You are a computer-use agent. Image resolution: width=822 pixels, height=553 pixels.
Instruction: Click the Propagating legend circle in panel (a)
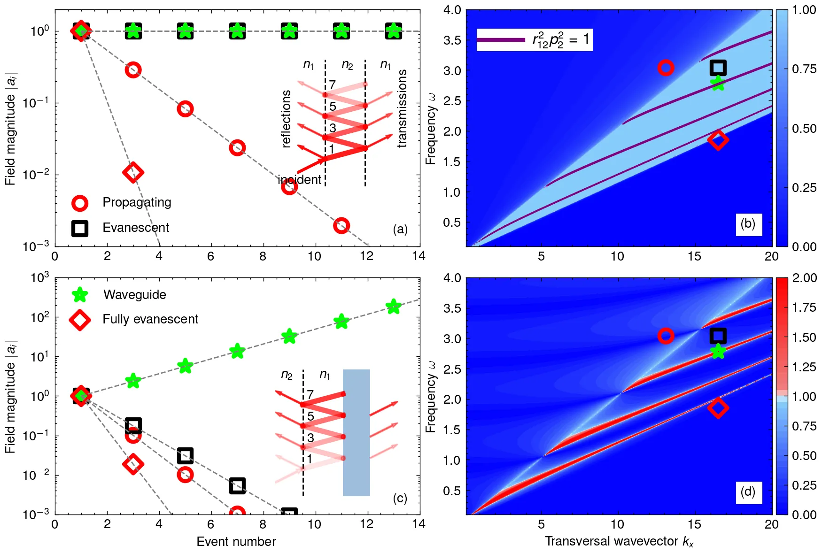pos(80,203)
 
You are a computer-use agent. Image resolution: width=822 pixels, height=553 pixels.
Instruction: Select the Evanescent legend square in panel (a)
pos(80,228)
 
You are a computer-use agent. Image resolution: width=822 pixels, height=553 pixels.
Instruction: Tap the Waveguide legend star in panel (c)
pos(80,295)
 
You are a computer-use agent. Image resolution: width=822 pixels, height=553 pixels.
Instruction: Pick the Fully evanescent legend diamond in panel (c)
pos(80,320)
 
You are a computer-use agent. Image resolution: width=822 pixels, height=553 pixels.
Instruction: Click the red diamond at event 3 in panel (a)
pos(133,172)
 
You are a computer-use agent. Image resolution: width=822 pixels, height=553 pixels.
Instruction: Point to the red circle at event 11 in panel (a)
pos(341,225)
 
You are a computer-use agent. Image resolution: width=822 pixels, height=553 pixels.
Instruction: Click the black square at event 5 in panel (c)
pos(185,455)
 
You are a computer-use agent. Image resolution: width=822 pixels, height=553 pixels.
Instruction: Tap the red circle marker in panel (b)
pos(666,68)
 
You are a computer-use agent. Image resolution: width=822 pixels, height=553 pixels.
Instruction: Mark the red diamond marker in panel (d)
pos(718,407)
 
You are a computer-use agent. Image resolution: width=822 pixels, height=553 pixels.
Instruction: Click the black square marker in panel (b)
pos(718,68)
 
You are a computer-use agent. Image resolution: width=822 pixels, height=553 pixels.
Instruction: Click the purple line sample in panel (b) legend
pos(501,40)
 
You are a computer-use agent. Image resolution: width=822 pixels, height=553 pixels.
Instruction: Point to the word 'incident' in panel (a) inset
pos(300,180)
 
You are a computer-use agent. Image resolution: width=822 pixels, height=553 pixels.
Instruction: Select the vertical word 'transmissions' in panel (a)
pos(402,108)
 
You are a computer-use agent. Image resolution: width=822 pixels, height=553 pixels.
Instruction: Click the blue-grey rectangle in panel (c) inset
pos(357,432)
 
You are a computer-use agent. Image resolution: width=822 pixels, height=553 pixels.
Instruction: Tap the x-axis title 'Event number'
pos(236,541)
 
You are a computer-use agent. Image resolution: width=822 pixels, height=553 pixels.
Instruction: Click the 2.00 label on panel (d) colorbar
pos(804,278)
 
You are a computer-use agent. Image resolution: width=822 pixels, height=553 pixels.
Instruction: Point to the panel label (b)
pos(748,224)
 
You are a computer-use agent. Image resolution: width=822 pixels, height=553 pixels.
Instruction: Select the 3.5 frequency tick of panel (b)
pos(452,40)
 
